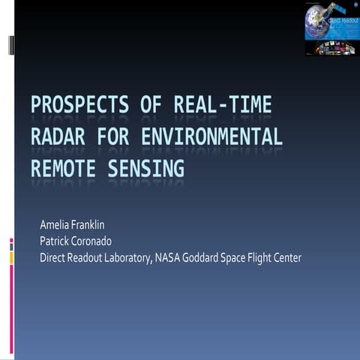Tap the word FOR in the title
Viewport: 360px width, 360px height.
pyautogui.click(x=119, y=138)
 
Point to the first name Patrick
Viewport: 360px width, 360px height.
pyautogui.click(x=55, y=241)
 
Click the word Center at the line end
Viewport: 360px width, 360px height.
pyautogui.click(x=286, y=257)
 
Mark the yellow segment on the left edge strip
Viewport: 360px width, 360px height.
pyautogui.click(x=11, y=258)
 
